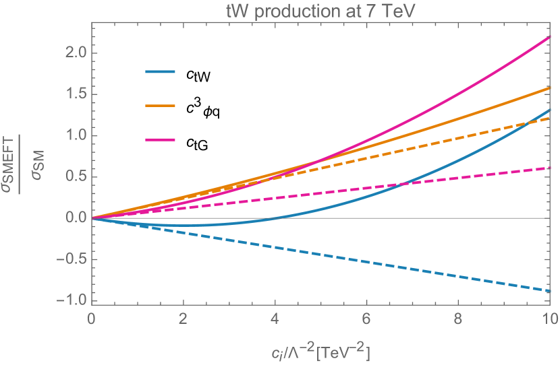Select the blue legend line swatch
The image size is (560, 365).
(x=161, y=71)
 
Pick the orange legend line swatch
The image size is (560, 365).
(x=161, y=106)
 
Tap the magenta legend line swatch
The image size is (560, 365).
(x=161, y=140)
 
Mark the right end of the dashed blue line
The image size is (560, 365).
(x=550, y=291)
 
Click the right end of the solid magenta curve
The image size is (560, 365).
(x=550, y=37)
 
